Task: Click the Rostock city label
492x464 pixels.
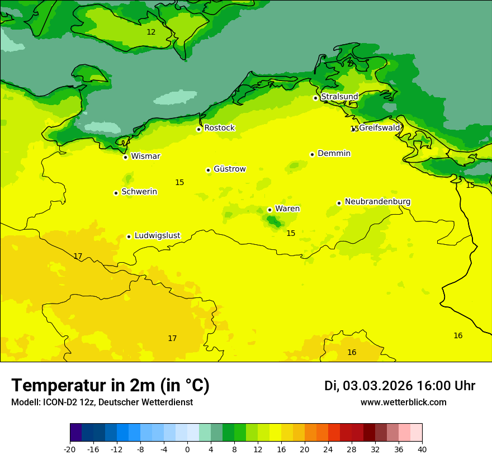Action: coord(219,128)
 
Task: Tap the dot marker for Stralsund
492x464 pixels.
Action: coord(315,98)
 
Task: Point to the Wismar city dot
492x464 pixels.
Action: coord(126,157)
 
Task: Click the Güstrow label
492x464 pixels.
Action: coord(229,169)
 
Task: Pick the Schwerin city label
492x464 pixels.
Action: coord(139,192)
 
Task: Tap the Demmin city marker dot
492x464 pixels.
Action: coord(313,154)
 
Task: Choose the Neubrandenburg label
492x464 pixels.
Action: coord(377,202)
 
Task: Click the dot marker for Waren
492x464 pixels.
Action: coord(269,210)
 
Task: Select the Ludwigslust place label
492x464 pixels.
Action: coord(157,235)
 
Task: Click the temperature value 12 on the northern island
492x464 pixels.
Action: coord(151,32)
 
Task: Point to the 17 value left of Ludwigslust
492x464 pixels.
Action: coord(78,257)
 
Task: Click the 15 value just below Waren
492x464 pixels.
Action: coord(291,234)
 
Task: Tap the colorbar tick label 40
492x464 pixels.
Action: coord(422,449)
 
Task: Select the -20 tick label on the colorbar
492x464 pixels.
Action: coord(70,449)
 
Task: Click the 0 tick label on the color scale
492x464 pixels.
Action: coord(187,449)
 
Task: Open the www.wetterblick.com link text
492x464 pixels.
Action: coord(403,402)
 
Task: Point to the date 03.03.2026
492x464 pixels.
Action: coord(377,386)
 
